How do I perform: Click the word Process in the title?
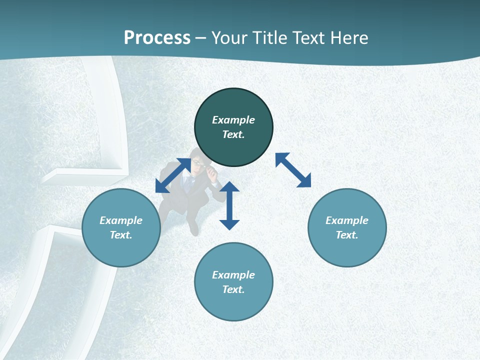[x=157, y=38]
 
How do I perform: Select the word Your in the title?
[x=230, y=38]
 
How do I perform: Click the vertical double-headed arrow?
[x=229, y=205]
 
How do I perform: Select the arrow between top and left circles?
[x=173, y=175]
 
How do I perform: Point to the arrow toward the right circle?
[x=293, y=170]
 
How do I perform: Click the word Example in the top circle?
[x=233, y=120]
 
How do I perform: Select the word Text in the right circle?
[x=347, y=235]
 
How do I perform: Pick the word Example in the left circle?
[x=121, y=220]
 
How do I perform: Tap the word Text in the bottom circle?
[x=233, y=289]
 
